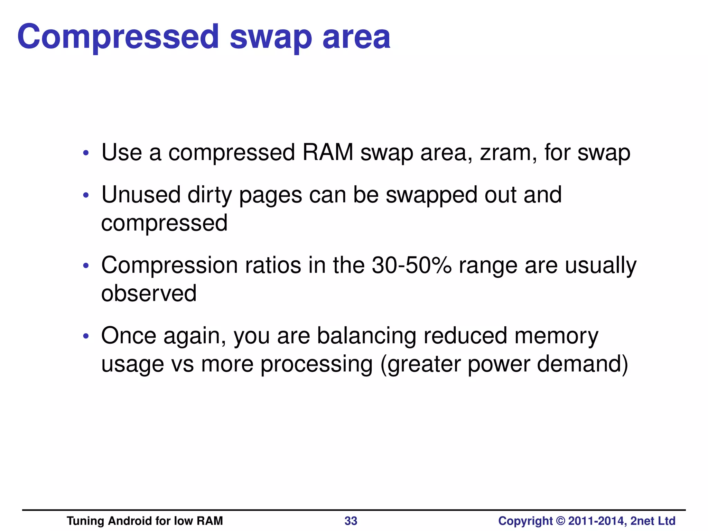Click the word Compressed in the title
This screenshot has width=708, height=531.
[x=118, y=37]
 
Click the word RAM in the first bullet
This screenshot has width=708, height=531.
[x=328, y=152]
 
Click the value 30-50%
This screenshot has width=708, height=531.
[x=411, y=265]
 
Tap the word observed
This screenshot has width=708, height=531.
[x=149, y=293]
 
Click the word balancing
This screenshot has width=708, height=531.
[x=366, y=336]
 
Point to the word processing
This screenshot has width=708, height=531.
[x=316, y=364]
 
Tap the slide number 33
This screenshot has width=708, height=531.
[x=351, y=521]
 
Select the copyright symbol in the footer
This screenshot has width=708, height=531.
[x=560, y=521]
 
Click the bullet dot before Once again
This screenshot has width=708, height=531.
[x=86, y=336]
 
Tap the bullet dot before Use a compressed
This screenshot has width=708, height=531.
[x=86, y=153]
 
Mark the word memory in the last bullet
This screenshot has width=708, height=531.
[x=556, y=336]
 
